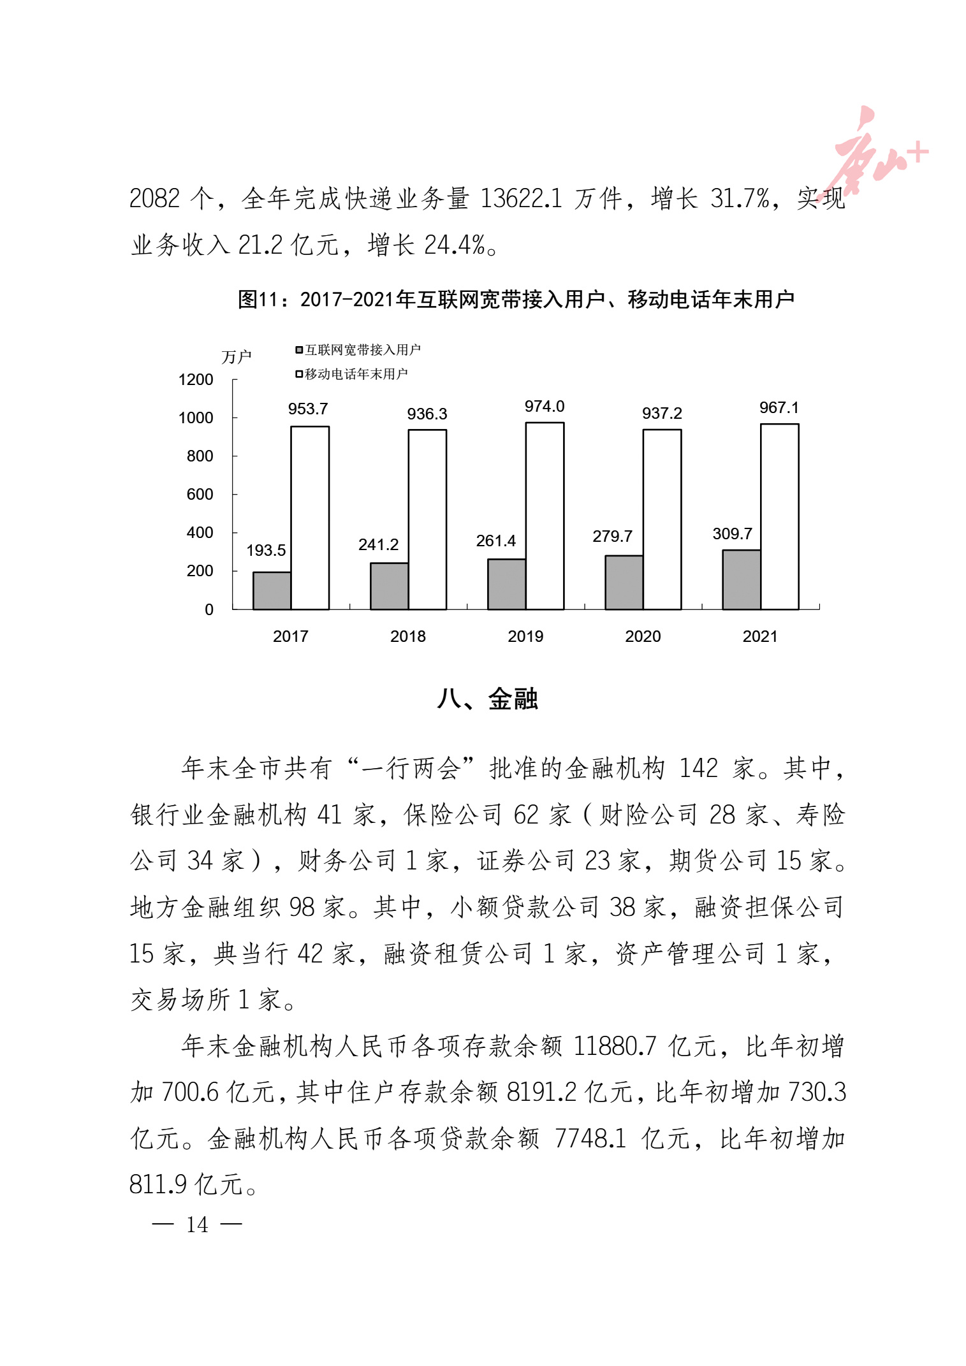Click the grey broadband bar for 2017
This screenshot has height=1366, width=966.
click(272, 591)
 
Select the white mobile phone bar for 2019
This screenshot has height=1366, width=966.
click(545, 516)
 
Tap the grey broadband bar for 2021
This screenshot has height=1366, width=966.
click(741, 579)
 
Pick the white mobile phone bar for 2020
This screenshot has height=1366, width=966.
click(662, 520)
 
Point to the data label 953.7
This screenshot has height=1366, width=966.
click(308, 409)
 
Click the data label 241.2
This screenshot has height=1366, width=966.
click(378, 545)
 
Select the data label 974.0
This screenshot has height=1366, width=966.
click(545, 407)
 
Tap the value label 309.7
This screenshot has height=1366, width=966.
click(732, 534)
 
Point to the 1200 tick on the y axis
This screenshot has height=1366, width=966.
click(196, 380)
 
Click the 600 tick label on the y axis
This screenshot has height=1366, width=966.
click(200, 495)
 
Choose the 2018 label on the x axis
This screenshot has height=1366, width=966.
click(408, 636)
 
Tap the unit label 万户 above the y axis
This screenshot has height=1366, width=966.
click(236, 357)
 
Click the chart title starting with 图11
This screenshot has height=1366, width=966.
click(516, 299)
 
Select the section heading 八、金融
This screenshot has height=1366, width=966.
click(488, 699)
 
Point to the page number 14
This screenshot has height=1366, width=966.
click(197, 1224)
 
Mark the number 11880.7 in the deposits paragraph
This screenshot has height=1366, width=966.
click(615, 1046)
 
